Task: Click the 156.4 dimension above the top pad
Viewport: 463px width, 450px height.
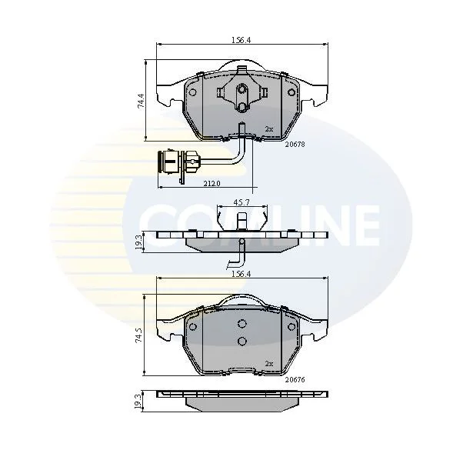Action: [241, 40]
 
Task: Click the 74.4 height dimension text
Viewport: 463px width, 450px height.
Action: [141, 100]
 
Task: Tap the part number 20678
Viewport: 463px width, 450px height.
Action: [295, 145]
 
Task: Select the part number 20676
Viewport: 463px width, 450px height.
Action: [295, 379]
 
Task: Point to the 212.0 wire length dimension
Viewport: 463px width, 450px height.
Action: [212, 183]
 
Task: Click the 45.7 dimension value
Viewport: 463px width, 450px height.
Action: [241, 202]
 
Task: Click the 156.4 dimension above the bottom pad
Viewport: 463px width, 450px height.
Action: [241, 274]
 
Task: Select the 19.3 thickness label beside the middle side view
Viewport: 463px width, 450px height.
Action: [138, 242]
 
